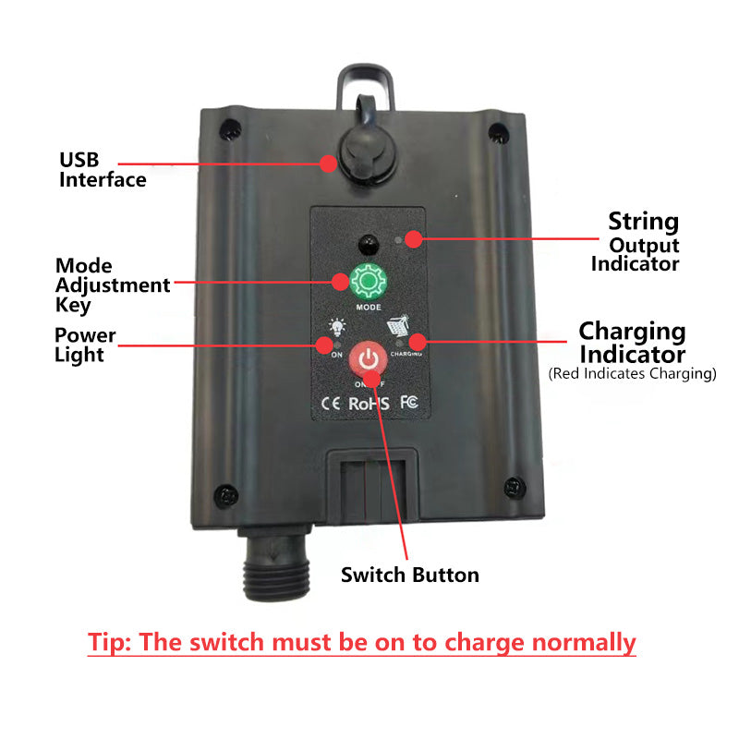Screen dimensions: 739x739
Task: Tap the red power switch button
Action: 369,361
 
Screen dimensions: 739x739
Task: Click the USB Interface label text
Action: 103,170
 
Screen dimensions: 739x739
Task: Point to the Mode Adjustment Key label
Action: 112,285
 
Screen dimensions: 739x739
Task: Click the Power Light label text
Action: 85,345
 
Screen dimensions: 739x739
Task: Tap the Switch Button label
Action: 409,575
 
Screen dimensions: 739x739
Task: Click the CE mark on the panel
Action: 331,404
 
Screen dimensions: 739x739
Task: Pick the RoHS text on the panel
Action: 369,404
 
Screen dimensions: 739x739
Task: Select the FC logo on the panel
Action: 410,404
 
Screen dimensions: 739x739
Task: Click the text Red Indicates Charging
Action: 632,374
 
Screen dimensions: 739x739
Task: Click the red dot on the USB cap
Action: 329,164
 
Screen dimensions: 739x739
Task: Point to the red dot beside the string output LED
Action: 413,239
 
